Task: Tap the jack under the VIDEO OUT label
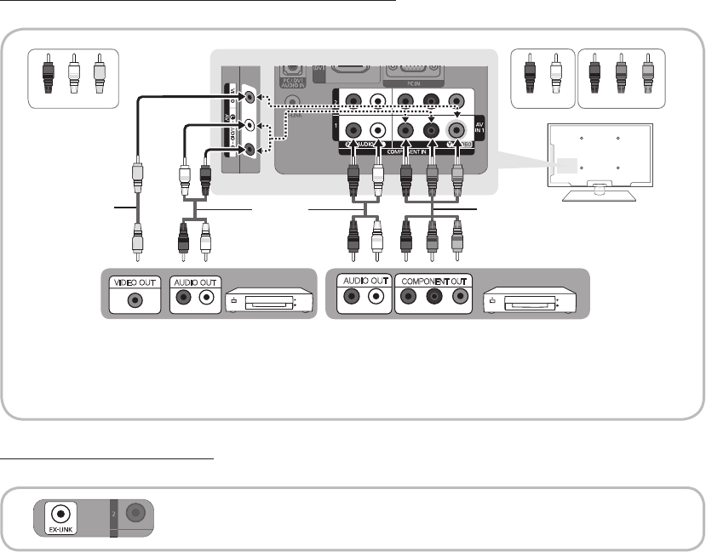pos(133,299)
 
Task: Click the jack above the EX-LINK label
pos(59,514)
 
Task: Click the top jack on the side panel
pos(248,97)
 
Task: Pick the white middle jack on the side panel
pos(248,124)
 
